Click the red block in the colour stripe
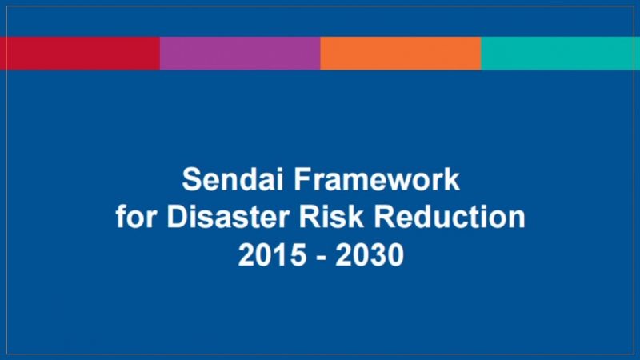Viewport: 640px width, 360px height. click(x=80, y=54)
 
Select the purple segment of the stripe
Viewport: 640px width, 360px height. click(x=240, y=54)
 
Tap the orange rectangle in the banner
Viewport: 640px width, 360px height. click(x=401, y=54)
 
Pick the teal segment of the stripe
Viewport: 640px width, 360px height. click(x=561, y=54)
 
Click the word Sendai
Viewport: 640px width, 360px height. click(x=233, y=178)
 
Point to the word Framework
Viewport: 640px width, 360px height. click(x=377, y=178)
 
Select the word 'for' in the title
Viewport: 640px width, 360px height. click(x=136, y=216)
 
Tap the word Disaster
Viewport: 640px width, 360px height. click(x=228, y=216)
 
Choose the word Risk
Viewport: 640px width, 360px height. click(x=331, y=216)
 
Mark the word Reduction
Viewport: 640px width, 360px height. click(x=450, y=216)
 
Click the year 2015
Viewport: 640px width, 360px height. click(x=272, y=254)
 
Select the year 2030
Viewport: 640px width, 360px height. click(x=370, y=254)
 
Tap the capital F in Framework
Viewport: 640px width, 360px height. click(x=303, y=178)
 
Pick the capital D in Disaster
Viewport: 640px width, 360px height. click(x=177, y=216)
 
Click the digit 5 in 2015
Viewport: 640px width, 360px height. click(x=297, y=254)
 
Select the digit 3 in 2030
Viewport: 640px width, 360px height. click(x=378, y=254)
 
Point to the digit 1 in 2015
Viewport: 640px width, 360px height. click(x=280, y=254)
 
